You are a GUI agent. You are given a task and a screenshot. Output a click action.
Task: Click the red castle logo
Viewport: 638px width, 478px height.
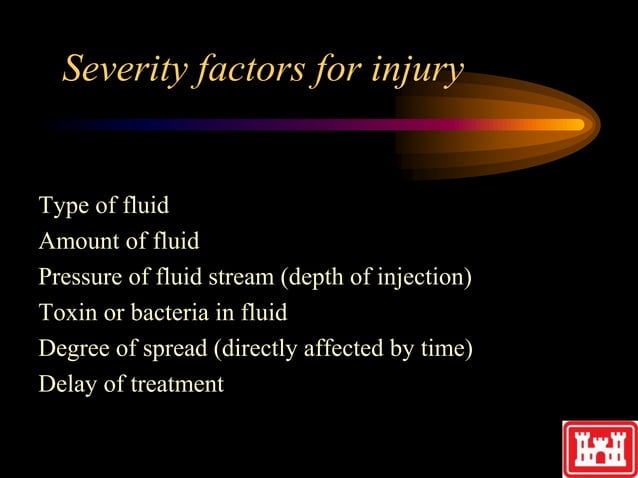click(x=599, y=447)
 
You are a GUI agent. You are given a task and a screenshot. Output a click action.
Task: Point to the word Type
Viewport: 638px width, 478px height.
click(x=60, y=207)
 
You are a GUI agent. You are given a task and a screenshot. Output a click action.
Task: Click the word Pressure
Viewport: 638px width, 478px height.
click(x=80, y=277)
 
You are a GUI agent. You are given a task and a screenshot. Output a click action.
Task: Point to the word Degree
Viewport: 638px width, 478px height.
click(x=72, y=349)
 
